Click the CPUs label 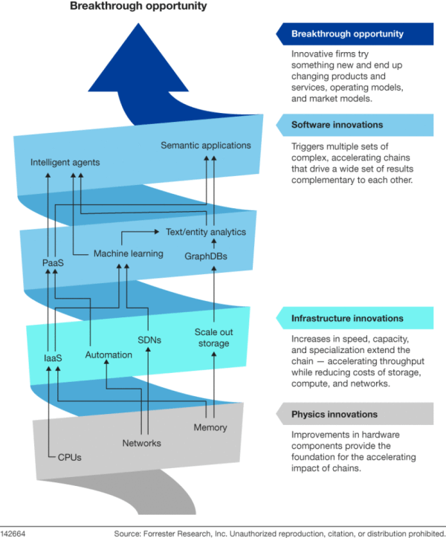tap(69, 457)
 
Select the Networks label tap(141, 444)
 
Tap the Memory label tap(210, 427)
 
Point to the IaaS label tap(52, 358)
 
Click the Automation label tap(109, 354)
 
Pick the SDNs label tap(149, 340)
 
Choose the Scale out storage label tap(212, 337)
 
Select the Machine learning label tap(128, 253)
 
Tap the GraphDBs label tap(206, 256)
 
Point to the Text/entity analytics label tap(205, 232)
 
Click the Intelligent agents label tap(65, 161)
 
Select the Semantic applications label tap(206, 145)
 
